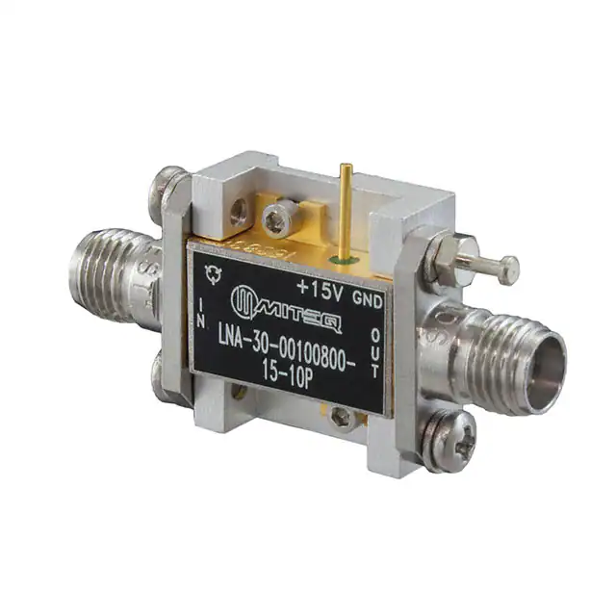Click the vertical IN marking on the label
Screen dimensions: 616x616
(x=200, y=311)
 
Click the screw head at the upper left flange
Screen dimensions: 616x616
(x=168, y=182)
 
